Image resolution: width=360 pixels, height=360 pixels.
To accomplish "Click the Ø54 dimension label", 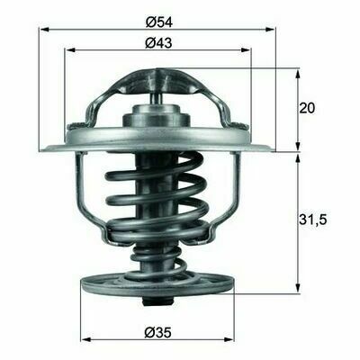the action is click(x=159, y=22).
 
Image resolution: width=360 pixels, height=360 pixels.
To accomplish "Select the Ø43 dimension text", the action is click(x=158, y=43).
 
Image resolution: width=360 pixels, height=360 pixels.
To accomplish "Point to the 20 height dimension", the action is click(x=307, y=108).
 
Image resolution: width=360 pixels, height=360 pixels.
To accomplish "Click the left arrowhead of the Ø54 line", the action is click(x=44, y=30).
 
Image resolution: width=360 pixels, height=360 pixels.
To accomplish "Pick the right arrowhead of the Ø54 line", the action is click(x=270, y=30).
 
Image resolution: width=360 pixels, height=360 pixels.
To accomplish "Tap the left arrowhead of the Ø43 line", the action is click(x=69, y=50).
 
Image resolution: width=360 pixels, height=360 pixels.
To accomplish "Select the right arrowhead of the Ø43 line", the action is click(x=246, y=50).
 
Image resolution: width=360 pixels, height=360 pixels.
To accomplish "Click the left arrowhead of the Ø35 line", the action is click(x=86, y=339).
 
